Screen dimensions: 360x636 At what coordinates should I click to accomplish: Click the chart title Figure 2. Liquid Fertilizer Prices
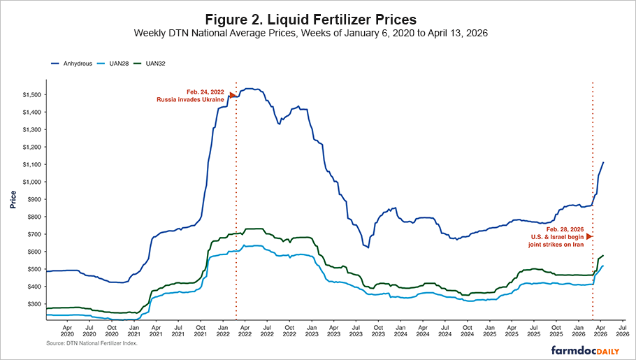pyautogui.click(x=318, y=17)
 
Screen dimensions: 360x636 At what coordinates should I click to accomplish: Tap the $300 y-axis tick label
pyautogui.click(x=31, y=304)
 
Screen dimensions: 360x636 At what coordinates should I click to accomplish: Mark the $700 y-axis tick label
pyautogui.click(x=31, y=234)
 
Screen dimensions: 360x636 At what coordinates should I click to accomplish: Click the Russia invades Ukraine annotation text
pyautogui.click(x=190, y=100)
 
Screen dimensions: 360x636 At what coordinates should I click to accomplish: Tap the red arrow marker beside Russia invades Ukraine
pyautogui.click(x=233, y=96)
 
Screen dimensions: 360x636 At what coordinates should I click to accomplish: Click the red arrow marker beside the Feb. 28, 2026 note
pyautogui.click(x=589, y=237)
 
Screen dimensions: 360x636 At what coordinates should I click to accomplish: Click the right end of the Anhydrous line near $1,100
pyautogui.click(x=603, y=163)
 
